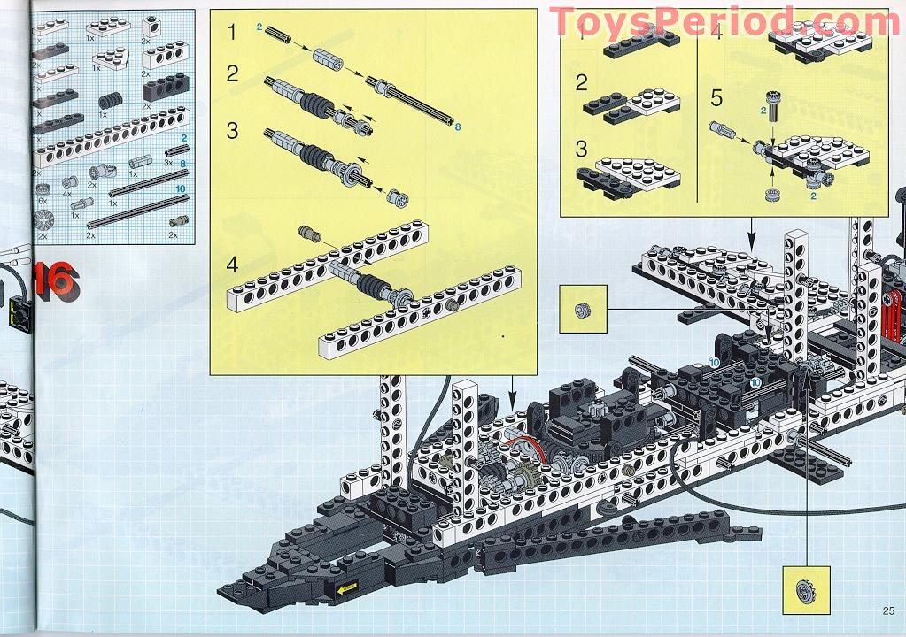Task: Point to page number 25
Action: click(888, 608)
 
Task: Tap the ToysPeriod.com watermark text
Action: click(724, 20)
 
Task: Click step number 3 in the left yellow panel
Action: click(232, 131)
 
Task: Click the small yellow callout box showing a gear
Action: click(806, 590)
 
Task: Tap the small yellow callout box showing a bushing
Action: click(583, 309)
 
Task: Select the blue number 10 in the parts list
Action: click(180, 188)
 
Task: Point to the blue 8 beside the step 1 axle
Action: click(458, 127)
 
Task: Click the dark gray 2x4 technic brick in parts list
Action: click(163, 87)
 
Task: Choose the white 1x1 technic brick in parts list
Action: click(152, 26)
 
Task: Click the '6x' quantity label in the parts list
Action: click(41, 201)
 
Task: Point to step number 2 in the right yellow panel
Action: click(582, 84)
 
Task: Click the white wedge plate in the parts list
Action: click(111, 58)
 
